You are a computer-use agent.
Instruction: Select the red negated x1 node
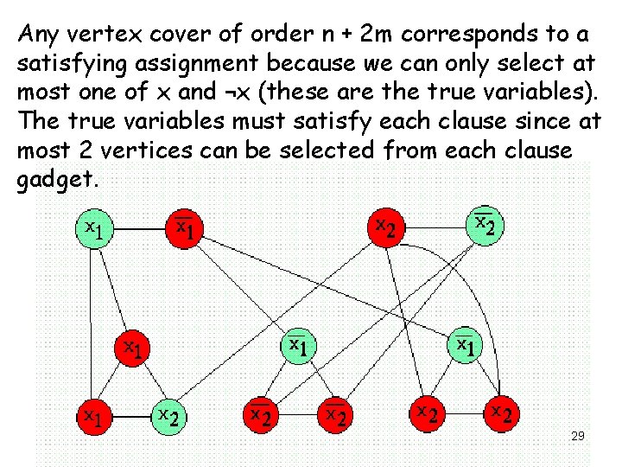tap(185, 229)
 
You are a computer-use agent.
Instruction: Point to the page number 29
tap(578, 437)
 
